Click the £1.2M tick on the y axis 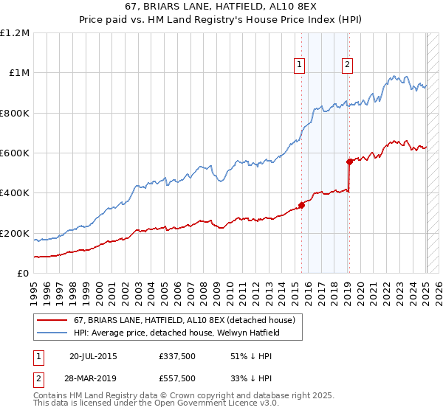coord(15,33)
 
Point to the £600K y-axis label coord(15,153)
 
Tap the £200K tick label coord(15,233)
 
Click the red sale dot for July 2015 coord(301,206)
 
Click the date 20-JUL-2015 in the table coord(93,356)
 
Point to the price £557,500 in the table coord(177,378)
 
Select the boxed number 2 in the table coord(38,378)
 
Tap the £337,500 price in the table coord(177,356)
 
